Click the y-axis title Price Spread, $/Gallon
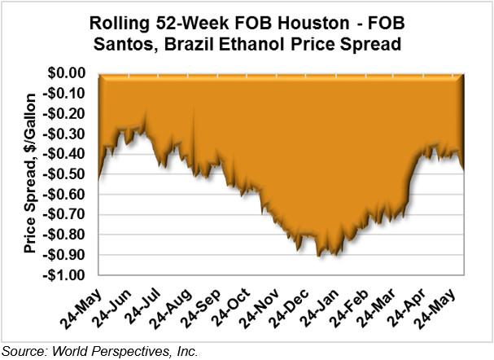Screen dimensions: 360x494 [30, 173]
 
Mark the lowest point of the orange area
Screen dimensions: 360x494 [318, 257]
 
